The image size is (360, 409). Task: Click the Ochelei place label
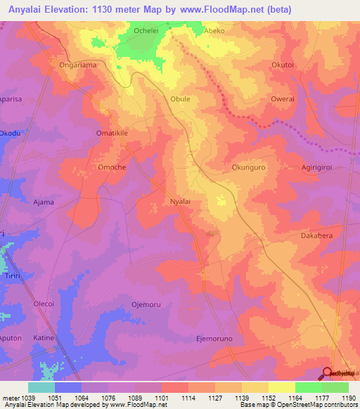point(147,32)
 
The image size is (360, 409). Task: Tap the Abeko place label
point(214,32)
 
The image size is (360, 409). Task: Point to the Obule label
point(180,99)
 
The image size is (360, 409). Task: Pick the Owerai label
point(282,99)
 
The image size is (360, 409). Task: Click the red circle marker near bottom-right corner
point(328,373)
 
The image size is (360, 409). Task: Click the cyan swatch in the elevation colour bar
point(41,387)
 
